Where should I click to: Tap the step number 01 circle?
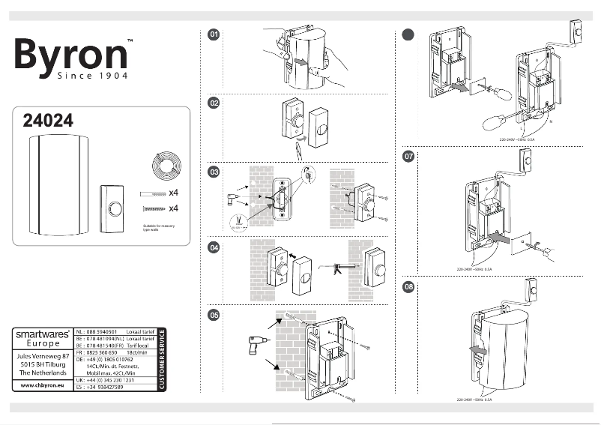coord(214,34)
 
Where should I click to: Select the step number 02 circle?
coord(214,103)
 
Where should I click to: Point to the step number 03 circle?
coord(214,172)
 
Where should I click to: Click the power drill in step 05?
coord(255,347)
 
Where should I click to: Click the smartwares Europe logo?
coord(44,338)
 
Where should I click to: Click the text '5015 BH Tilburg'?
coord(44,364)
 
